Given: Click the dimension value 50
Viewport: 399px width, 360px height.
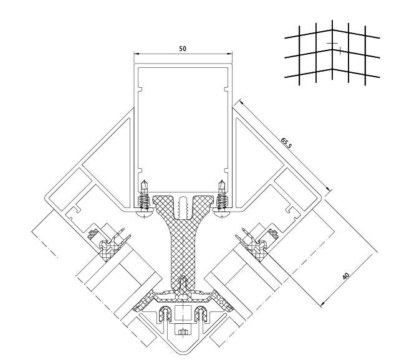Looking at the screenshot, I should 182,48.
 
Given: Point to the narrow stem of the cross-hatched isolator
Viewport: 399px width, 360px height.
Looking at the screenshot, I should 182,249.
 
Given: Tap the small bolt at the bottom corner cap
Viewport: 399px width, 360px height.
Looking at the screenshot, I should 183,331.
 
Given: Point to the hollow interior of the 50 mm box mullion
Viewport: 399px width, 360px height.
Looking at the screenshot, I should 182,125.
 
